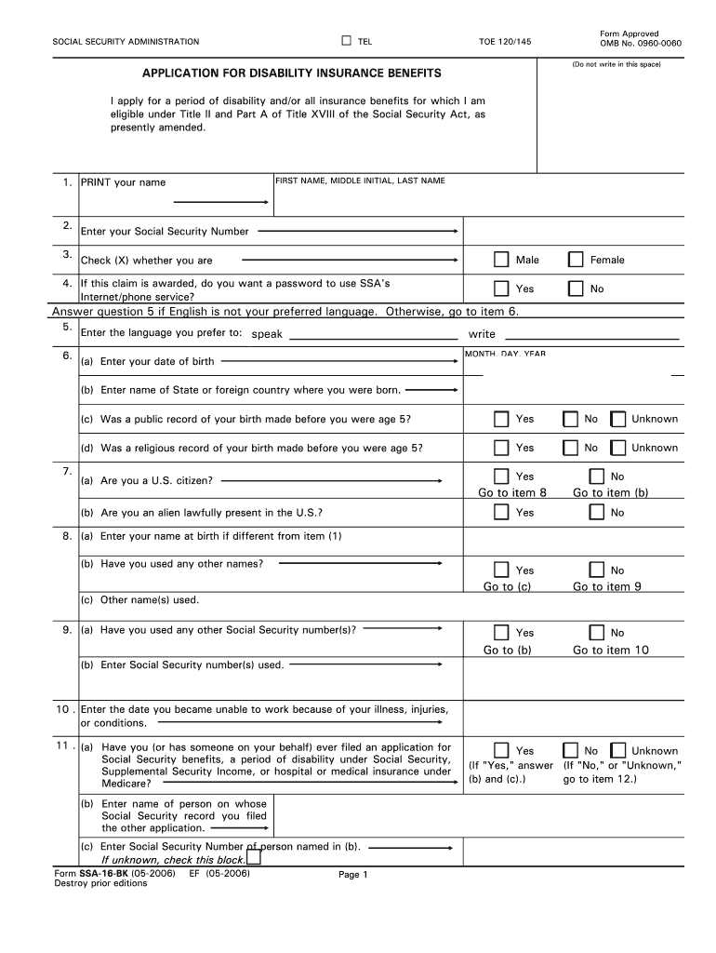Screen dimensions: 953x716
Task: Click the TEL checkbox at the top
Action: tap(346, 41)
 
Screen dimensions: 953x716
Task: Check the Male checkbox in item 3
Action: tap(501, 260)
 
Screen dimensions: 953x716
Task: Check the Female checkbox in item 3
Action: tap(576, 260)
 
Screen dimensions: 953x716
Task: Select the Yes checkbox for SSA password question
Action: tap(501, 289)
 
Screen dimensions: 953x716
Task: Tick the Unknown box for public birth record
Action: tap(617, 419)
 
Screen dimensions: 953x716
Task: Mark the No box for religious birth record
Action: tap(570, 448)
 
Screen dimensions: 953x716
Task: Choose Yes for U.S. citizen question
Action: tap(501, 476)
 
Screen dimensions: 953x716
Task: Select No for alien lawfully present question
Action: tap(595, 512)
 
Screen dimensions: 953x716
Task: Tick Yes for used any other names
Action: tap(501, 570)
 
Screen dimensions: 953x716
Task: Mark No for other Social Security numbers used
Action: tap(595, 633)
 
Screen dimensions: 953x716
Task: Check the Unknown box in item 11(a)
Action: tap(617, 750)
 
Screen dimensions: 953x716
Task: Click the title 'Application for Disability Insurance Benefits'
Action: tap(278, 73)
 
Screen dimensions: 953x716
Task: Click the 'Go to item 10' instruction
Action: tap(610, 650)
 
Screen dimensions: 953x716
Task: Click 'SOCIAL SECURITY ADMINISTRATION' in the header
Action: tap(125, 42)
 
